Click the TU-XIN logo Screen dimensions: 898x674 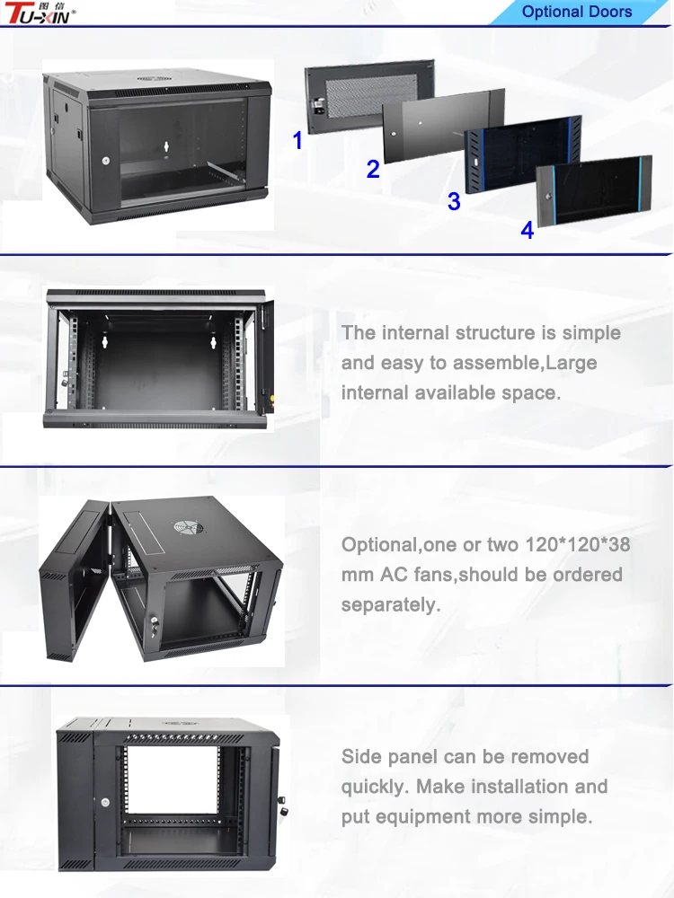point(40,13)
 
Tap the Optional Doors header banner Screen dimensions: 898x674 point(576,12)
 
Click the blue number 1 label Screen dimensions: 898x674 point(297,141)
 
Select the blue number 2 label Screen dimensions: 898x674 point(373,169)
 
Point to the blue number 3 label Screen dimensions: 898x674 point(454,202)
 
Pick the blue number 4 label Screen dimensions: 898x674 point(528,231)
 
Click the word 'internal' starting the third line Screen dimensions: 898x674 point(374,392)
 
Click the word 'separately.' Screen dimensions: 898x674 point(390,604)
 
